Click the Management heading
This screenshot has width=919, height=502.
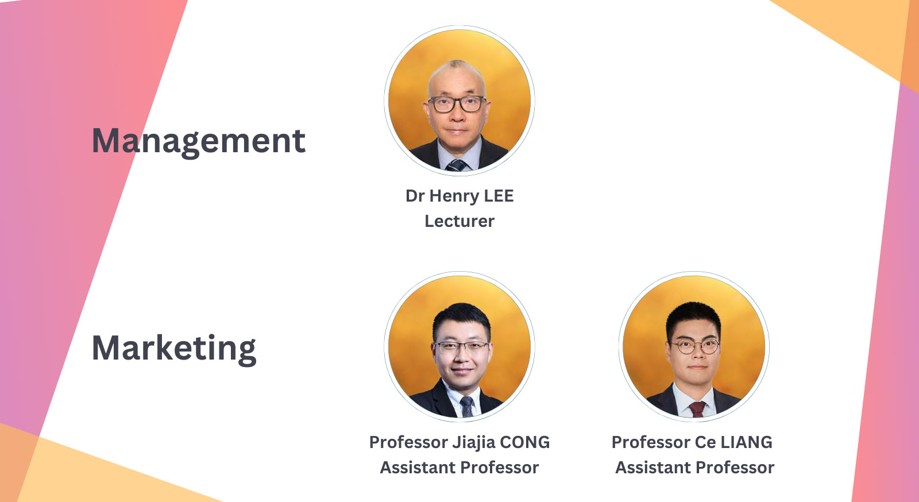(x=199, y=141)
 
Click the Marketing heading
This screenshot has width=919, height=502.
(x=174, y=348)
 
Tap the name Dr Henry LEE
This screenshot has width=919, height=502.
(x=459, y=196)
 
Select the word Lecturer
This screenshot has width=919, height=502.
(x=459, y=221)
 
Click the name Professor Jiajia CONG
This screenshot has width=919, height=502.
(x=459, y=442)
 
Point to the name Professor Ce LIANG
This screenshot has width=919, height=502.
(x=692, y=442)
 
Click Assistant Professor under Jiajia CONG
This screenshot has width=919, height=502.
(x=459, y=468)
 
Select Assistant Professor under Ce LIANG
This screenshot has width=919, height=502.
(x=694, y=468)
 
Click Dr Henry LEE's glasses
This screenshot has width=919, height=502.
(x=457, y=104)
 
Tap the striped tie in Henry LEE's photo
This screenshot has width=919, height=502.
(x=457, y=165)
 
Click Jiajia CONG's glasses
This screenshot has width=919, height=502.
(x=461, y=347)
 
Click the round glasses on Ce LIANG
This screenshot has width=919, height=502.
(x=695, y=346)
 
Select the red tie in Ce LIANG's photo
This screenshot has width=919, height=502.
(x=697, y=408)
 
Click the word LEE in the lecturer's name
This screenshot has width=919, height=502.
(x=499, y=196)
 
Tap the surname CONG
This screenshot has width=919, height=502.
(x=524, y=442)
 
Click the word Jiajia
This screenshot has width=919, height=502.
(x=473, y=442)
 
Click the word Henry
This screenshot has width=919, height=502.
(x=454, y=196)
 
